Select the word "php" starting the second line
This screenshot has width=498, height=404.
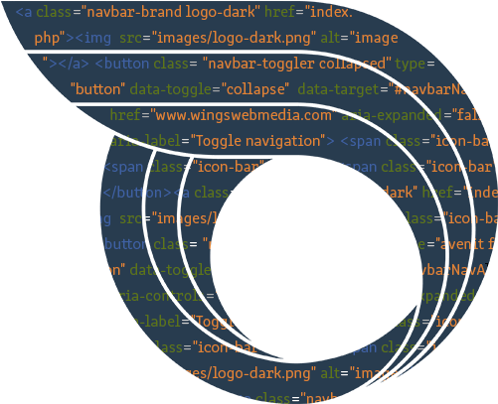tap(46, 39)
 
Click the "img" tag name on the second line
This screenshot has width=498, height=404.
tap(99, 39)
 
